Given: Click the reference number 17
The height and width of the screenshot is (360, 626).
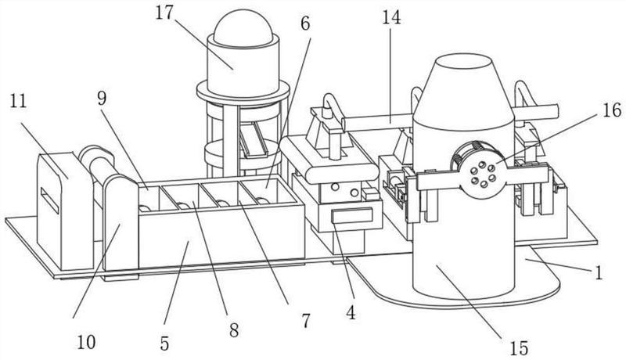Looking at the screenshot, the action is pyautogui.click(x=165, y=13).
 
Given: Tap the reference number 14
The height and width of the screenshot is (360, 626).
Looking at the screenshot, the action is pyautogui.click(x=391, y=18).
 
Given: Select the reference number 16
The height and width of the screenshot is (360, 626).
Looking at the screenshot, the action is pyautogui.click(x=612, y=110).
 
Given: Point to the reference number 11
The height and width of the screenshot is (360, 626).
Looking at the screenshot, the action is pyautogui.click(x=18, y=101).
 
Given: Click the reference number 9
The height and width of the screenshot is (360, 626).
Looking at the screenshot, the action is pyautogui.click(x=102, y=98).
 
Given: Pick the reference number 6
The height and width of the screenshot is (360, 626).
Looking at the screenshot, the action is pyautogui.click(x=304, y=24).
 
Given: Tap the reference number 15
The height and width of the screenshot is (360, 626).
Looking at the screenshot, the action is pyautogui.click(x=519, y=348).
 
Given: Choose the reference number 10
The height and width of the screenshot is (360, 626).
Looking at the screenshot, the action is pyautogui.click(x=86, y=342).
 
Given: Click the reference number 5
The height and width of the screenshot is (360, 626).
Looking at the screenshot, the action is pyautogui.click(x=164, y=344).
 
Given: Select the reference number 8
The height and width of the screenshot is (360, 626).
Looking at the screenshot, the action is pyautogui.click(x=234, y=329).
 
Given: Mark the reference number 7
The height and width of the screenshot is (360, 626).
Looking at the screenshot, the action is pyautogui.click(x=306, y=321).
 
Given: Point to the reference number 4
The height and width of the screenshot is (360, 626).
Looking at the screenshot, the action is pyautogui.click(x=351, y=313).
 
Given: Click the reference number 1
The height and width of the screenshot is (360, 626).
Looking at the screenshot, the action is pyautogui.click(x=598, y=273).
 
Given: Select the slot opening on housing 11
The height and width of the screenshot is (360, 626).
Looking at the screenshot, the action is pyautogui.click(x=50, y=200).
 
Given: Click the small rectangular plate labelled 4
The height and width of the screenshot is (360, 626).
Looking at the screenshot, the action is pyautogui.click(x=352, y=216).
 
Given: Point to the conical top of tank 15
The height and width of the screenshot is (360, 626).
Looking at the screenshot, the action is pyautogui.click(x=463, y=92).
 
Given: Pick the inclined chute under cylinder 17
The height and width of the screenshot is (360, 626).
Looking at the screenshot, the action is pyautogui.click(x=254, y=139).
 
